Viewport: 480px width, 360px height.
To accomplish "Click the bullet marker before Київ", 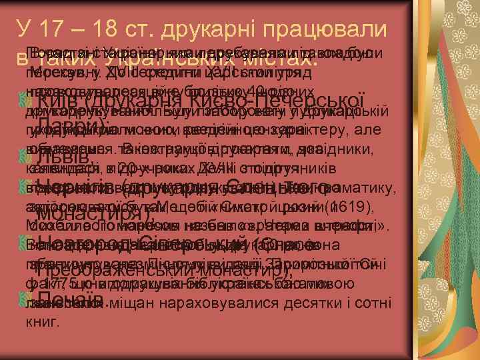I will click(x=26, y=101).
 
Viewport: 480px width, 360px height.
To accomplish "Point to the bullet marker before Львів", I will click(x=26, y=158).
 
